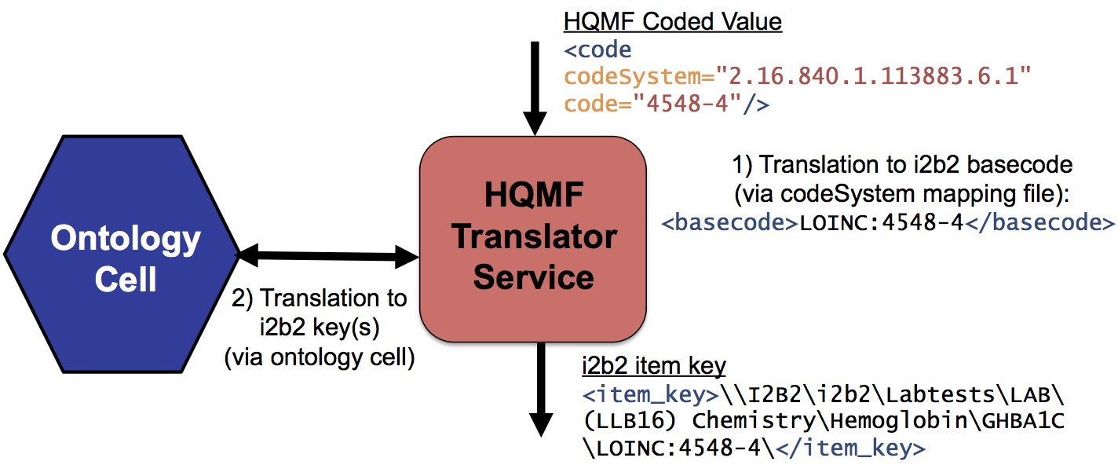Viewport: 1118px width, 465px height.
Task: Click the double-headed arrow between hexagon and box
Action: [328, 254]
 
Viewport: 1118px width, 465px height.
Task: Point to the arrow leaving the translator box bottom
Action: [539, 388]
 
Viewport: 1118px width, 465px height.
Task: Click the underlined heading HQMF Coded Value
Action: [672, 21]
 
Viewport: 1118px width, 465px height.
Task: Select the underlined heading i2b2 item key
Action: [654, 365]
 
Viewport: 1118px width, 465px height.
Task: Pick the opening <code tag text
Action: [597, 50]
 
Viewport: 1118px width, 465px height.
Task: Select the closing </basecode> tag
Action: [1039, 222]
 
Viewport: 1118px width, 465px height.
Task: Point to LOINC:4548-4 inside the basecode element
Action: [881, 222]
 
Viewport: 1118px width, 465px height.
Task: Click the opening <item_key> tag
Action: [650, 394]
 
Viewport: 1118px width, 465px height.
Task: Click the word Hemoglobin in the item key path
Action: [905, 421]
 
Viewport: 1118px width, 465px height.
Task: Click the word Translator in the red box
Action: [534, 236]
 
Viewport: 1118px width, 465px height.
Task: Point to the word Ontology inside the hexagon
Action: [126, 239]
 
